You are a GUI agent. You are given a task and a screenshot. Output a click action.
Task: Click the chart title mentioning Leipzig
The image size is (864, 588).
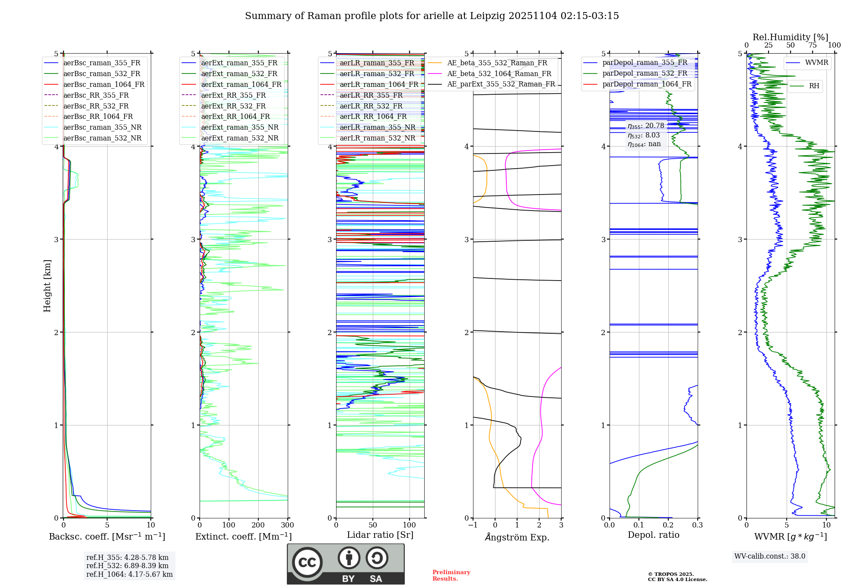tap(432, 16)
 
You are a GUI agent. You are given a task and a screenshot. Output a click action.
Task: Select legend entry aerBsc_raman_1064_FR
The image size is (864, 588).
tap(104, 84)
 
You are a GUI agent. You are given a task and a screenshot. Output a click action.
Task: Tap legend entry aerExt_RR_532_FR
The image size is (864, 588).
tap(233, 106)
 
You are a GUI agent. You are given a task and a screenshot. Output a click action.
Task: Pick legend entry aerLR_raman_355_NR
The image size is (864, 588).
tap(377, 127)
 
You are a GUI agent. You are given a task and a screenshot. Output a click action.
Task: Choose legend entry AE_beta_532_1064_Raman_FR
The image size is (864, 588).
tap(499, 73)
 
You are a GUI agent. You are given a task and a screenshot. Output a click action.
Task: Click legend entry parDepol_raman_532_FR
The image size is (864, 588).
tap(645, 73)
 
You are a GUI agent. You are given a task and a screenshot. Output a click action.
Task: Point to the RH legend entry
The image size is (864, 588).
tap(814, 86)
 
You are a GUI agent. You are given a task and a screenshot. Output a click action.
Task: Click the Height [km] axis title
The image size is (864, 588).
tap(47, 286)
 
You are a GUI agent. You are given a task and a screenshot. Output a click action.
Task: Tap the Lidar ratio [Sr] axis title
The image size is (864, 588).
tap(380, 535)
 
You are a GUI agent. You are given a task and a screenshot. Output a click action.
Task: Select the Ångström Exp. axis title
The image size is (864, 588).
tap(517, 537)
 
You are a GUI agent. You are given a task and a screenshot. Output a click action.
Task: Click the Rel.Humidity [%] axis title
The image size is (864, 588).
tap(790, 37)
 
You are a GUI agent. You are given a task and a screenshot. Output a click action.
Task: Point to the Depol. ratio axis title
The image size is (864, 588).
tap(653, 535)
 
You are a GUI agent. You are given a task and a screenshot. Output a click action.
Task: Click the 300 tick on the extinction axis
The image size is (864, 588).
tap(287, 525)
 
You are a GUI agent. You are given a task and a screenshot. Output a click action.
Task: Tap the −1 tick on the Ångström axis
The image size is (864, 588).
tap(473, 525)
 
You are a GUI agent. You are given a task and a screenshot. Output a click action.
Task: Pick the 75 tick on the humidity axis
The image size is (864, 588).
tap(812, 45)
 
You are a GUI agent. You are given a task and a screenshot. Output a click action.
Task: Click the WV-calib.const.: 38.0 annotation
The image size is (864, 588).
tap(769, 556)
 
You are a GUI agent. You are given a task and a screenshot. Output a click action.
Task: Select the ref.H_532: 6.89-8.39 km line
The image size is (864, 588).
tap(127, 566)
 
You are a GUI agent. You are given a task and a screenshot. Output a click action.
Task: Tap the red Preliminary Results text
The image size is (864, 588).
tap(451, 575)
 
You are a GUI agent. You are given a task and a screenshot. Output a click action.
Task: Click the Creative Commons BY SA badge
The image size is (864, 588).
tap(346, 564)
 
